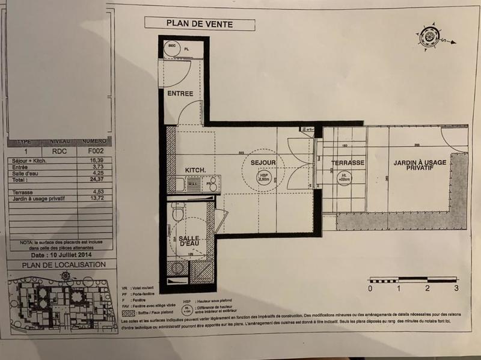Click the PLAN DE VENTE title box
click(x=200, y=25)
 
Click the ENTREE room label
click(x=180, y=93)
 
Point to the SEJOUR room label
click(x=263, y=163)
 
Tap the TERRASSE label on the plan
click(x=347, y=163)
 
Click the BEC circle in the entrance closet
click(x=171, y=46)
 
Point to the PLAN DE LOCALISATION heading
click(x=63, y=264)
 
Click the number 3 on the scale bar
click(x=456, y=288)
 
